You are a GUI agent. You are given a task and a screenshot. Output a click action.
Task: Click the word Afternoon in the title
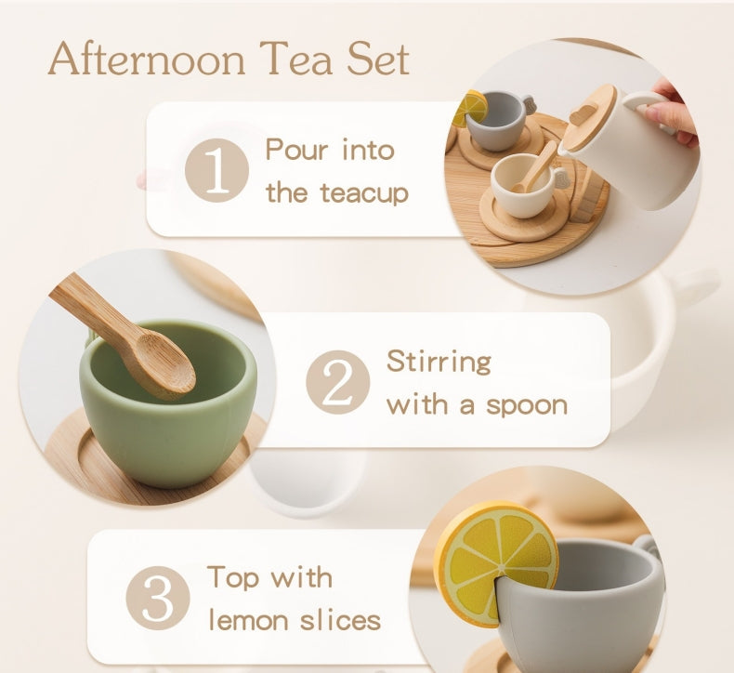(148, 59)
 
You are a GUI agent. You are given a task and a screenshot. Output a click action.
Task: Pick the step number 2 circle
(337, 382)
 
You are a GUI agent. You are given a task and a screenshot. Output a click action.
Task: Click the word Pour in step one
(296, 150)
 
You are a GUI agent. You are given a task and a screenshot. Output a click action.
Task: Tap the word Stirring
(439, 361)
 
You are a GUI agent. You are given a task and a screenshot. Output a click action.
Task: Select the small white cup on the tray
(521, 185)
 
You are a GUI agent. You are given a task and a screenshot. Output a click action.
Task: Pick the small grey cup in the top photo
(496, 122)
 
